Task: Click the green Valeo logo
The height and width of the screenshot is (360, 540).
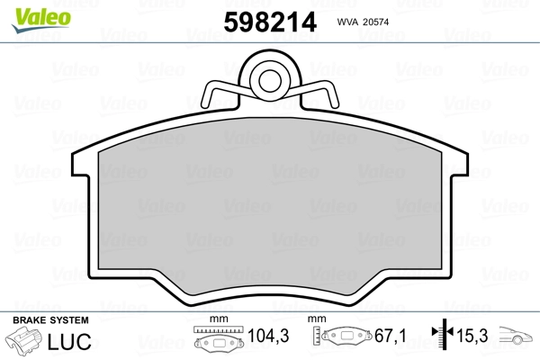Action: (x=41, y=20)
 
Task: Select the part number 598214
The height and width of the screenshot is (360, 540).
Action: (x=270, y=22)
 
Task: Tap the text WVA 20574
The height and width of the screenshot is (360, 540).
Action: (x=363, y=22)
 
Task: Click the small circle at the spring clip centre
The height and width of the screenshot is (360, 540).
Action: (x=270, y=81)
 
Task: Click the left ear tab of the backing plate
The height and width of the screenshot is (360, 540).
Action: (x=81, y=164)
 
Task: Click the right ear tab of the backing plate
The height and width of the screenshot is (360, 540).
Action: (x=459, y=164)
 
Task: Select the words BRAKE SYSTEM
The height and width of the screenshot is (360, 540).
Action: (x=50, y=320)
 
